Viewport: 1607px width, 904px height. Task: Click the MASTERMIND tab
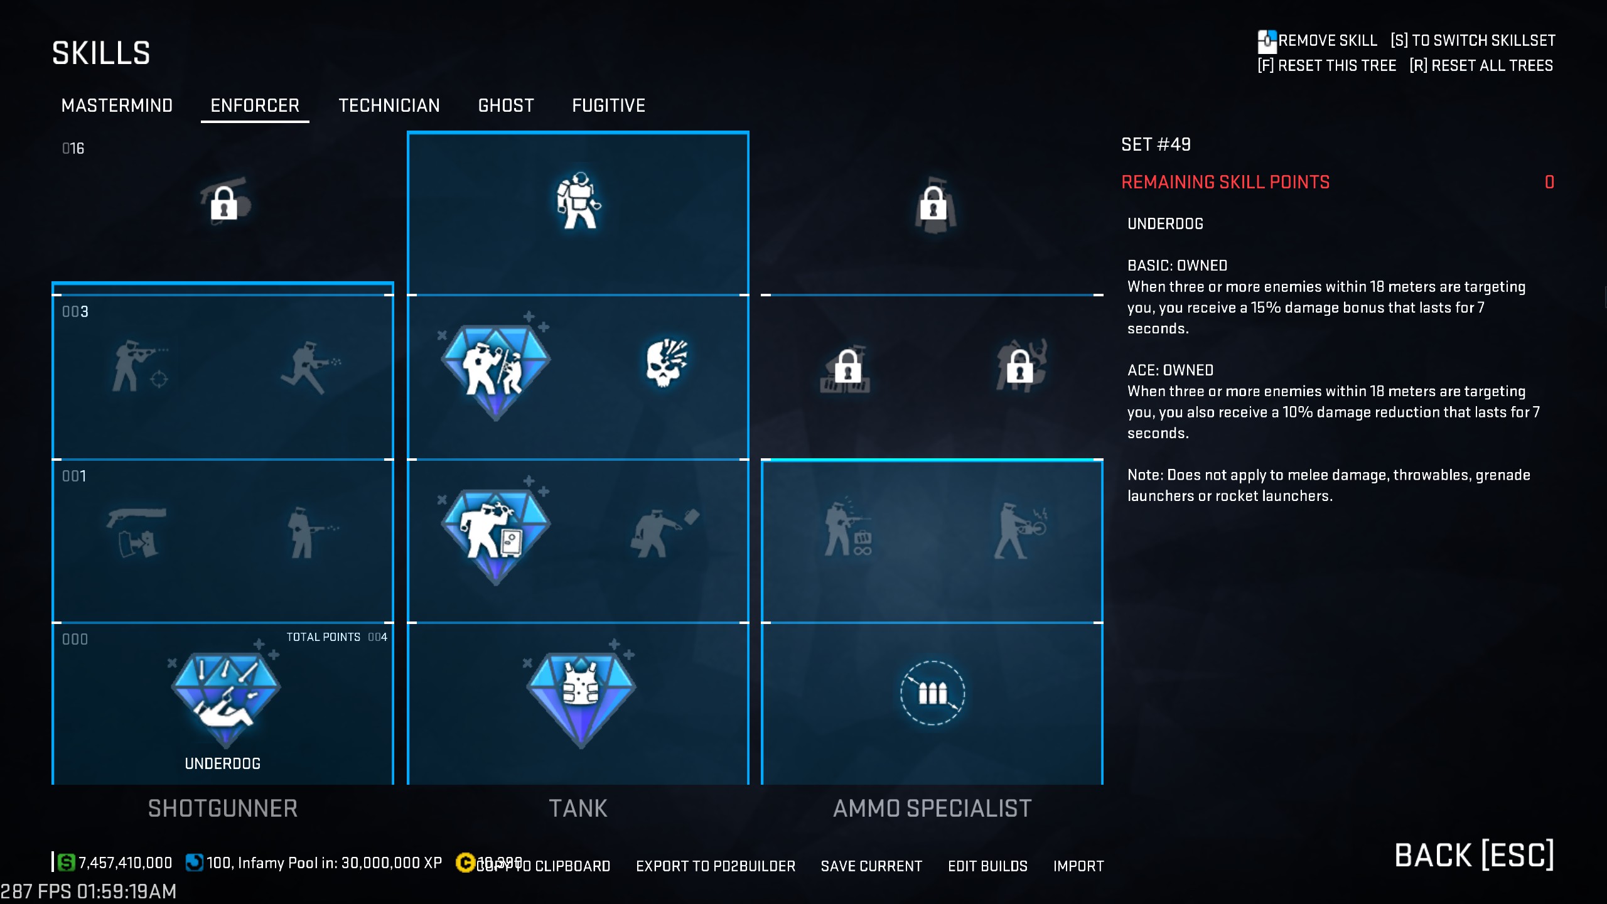(x=117, y=105)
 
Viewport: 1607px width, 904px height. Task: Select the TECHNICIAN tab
(x=389, y=105)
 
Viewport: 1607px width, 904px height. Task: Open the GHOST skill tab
(x=506, y=105)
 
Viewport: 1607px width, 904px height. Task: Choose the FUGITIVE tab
(x=608, y=105)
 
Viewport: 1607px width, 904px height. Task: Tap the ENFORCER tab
(x=255, y=105)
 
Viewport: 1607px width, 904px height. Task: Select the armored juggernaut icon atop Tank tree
(x=578, y=201)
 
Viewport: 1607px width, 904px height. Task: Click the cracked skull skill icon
(x=666, y=363)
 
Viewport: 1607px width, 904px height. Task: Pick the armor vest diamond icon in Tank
(x=581, y=697)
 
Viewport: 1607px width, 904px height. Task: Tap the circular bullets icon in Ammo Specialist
(x=932, y=693)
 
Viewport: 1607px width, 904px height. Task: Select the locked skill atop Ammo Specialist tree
(x=933, y=204)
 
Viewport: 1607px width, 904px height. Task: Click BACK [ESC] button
(x=1473, y=855)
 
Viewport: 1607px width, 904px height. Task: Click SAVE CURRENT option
(x=871, y=866)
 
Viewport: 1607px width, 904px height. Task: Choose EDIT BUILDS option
(x=987, y=866)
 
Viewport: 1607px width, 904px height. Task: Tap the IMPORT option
(x=1078, y=866)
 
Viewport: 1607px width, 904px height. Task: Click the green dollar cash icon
(x=66, y=863)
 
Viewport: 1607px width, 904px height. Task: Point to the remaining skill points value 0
(x=1549, y=182)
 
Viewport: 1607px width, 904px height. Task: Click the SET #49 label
(x=1156, y=144)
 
